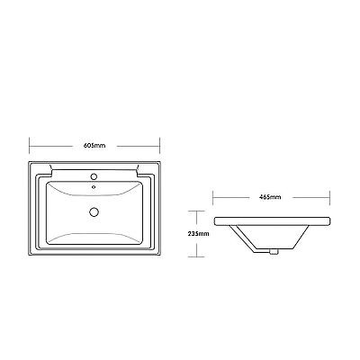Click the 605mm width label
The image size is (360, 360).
click(x=94, y=146)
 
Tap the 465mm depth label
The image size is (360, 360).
click(x=270, y=197)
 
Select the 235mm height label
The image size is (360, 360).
click(x=199, y=234)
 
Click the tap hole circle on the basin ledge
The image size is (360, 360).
click(x=94, y=176)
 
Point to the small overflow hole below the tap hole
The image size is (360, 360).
click(x=94, y=187)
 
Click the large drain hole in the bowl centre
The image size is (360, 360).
click(x=94, y=211)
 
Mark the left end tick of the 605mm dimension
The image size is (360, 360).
click(x=29, y=146)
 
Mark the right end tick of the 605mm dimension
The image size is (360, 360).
click(x=160, y=146)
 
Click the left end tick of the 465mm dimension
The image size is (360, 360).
click(x=213, y=197)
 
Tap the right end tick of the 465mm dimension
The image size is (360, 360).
click(x=330, y=197)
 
